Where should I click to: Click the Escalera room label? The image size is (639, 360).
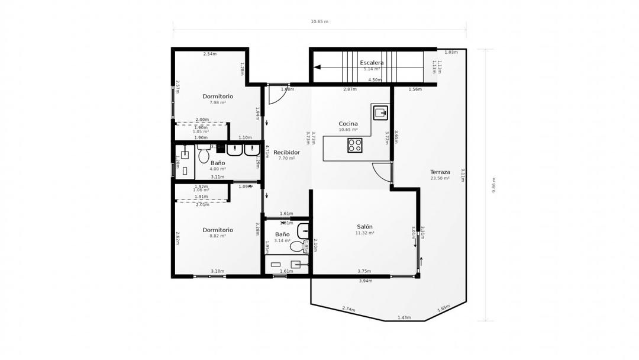click(372, 63)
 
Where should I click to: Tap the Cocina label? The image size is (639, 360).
click(348, 124)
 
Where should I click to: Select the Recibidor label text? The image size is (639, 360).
click(286, 152)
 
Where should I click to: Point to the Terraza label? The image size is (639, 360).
click(440, 172)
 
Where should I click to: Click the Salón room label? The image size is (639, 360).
click(364, 227)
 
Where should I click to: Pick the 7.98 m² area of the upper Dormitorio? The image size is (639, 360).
click(218, 102)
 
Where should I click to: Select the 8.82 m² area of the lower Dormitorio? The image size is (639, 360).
click(218, 236)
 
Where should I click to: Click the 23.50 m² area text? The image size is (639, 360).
click(440, 178)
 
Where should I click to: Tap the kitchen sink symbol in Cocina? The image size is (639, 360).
click(380, 111)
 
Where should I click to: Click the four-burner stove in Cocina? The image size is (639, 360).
click(354, 145)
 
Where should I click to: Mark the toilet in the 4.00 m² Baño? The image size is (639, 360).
click(204, 156)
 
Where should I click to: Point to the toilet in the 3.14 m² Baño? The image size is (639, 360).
click(297, 246)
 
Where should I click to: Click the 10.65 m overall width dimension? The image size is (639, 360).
click(319, 21)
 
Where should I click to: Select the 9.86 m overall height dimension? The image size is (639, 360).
click(494, 185)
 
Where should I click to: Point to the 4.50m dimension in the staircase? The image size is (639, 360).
click(375, 80)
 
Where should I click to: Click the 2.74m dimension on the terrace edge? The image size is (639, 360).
click(348, 309)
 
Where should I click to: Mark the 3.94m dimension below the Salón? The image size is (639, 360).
click(365, 281)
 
